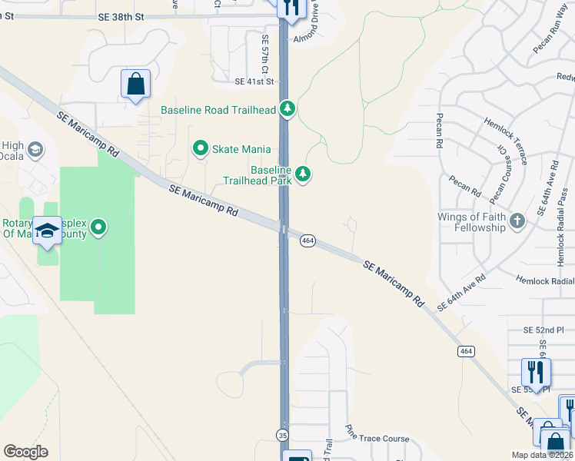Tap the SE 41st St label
pos(254,81)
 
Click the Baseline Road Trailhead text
pos(218,110)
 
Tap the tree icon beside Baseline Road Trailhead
pos(287,109)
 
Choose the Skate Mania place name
pos(242,149)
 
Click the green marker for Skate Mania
pos(201,148)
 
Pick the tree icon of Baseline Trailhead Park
pos(304,174)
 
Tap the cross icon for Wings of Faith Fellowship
pos(518,221)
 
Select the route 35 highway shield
pos(282,436)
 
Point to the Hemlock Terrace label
pos(505,141)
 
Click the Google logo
pos(25,452)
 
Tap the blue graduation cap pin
pos(48,232)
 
